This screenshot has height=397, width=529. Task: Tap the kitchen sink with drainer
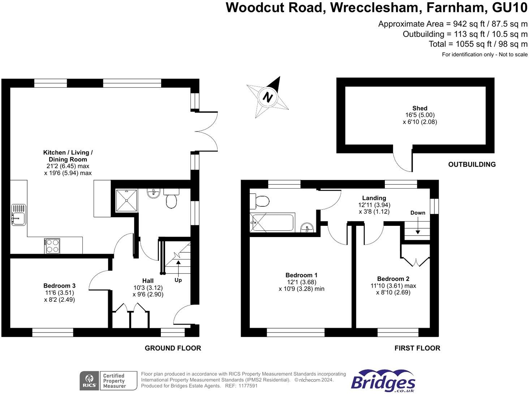tap(18, 215)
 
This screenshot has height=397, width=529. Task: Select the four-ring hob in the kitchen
tap(52, 246)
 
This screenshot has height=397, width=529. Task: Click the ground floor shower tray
tap(127, 200)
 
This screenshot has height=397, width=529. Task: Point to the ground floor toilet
tap(171, 198)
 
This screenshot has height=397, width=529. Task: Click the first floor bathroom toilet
tap(259, 201)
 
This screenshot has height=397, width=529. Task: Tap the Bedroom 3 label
tap(60, 286)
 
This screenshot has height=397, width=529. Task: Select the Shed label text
tap(420, 108)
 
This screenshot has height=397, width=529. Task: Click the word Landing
tap(374, 198)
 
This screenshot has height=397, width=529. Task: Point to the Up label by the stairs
tap(178, 280)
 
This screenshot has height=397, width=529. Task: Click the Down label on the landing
tap(418, 213)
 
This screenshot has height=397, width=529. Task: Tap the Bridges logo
tap(383, 381)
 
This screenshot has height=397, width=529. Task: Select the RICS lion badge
tap(89, 381)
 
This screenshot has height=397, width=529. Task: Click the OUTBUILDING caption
tap(472, 164)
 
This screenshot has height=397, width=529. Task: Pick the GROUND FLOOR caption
tap(173, 348)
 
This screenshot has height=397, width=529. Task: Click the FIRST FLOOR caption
tap(417, 348)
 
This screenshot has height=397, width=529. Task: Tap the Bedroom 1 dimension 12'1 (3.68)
tap(302, 282)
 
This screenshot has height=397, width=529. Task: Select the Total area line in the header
tap(478, 44)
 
